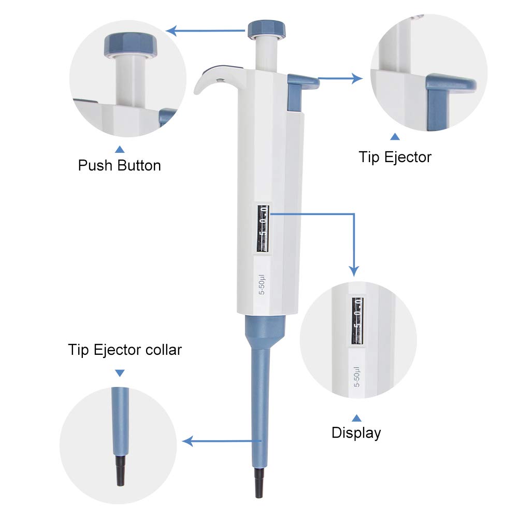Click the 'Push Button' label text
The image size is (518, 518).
coord(119,165)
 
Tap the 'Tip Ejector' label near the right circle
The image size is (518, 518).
coord(395,157)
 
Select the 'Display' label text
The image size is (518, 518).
coord(356,433)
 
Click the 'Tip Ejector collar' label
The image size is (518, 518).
coord(125,350)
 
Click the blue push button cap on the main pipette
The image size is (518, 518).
coord(267,29)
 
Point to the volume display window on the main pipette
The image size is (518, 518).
coord(263,228)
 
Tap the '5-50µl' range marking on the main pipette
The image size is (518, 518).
coord(262,284)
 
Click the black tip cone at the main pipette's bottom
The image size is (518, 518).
coord(260,483)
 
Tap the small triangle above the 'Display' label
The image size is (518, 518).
coord(356,418)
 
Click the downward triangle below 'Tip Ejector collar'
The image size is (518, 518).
coord(120,373)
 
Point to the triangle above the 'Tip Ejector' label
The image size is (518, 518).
coord(395,136)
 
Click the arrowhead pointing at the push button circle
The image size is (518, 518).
coord(171,31)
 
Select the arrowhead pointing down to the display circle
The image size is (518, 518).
coord(354,271)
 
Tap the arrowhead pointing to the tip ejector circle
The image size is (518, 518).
coord(357,79)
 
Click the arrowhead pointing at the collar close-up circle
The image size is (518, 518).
coord(188,441)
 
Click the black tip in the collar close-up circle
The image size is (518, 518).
coord(121,471)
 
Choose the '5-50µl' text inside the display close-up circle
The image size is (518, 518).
coord(357,377)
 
